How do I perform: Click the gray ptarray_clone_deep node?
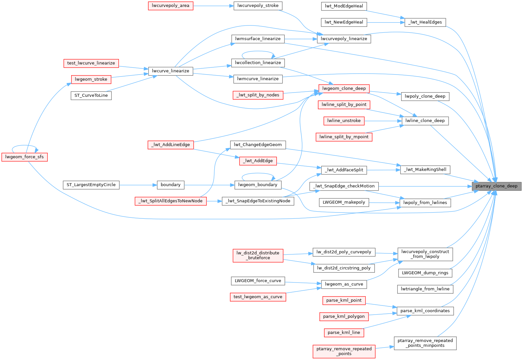(497, 186)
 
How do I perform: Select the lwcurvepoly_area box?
(171, 6)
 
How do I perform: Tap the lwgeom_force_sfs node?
(25, 157)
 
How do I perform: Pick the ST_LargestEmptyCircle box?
(91, 185)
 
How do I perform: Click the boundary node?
(171, 185)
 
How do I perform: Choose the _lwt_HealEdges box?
(425, 22)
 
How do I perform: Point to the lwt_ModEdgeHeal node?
(344, 6)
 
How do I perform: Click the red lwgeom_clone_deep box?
(344, 89)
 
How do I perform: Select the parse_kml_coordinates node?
(425, 311)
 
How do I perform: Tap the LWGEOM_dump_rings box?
(425, 273)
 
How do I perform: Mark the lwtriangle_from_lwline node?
(425, 289)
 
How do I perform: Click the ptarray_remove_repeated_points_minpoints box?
(425, 343)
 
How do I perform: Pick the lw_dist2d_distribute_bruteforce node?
(258, 255)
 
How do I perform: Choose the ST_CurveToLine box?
(91, 95)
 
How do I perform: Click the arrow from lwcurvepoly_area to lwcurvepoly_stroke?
(213, 6)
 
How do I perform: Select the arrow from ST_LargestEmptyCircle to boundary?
(138, 185)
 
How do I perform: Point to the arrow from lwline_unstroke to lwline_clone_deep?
(383, 121)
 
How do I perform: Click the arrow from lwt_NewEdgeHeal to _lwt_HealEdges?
(386, 23)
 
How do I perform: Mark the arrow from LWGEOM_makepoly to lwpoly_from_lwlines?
(384, 203)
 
